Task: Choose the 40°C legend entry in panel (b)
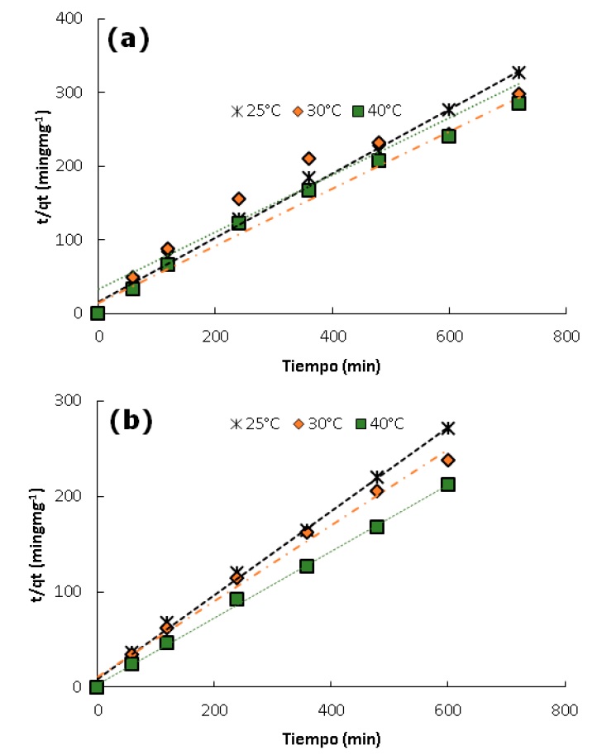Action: point(378,423)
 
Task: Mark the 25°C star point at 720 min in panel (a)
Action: point(518,73)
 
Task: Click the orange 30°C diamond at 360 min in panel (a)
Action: point(308,159)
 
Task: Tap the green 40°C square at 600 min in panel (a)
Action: point(449,136)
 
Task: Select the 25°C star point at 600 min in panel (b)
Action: point(448,428)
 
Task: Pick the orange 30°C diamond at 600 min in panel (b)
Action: point(448,460)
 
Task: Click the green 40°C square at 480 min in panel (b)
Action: point(377,527)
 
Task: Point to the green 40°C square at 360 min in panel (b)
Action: point(307,566)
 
